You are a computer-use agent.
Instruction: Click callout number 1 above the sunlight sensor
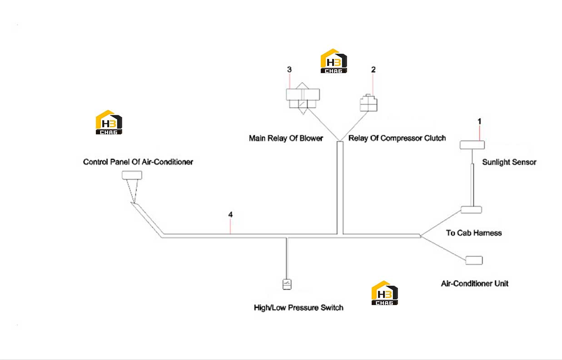tap(479, 122)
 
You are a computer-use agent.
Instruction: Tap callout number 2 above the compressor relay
tap(373, 70)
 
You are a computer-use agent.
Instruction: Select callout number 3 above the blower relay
tap(289, 69)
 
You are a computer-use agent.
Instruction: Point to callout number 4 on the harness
tap(230, 215)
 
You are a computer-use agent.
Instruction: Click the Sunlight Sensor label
tap(509, 162)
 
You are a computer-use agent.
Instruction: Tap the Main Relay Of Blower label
tap(286, 138)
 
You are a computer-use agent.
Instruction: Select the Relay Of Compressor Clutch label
tap(397, 138)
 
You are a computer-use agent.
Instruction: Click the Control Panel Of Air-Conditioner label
tap(138, 162)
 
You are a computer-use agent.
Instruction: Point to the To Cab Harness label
tap(474, 233)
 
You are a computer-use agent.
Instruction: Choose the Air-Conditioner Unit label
tap(475, 284)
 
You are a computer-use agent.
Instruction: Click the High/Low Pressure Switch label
tap(298, 308)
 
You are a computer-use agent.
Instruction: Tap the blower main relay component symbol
tap(303, 98)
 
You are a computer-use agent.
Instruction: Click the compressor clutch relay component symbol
tap(368, 103)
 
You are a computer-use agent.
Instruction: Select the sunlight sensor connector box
tap(472, 145)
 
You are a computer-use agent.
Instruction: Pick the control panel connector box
tap(132, 175)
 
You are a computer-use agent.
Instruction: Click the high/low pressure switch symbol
tap(287, 284)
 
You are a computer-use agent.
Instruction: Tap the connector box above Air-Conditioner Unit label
tap(474, 260)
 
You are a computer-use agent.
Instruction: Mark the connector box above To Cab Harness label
tap(472, 210)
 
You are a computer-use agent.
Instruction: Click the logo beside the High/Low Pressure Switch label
tap(385, 293)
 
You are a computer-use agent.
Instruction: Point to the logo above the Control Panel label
tap(109, 122)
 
